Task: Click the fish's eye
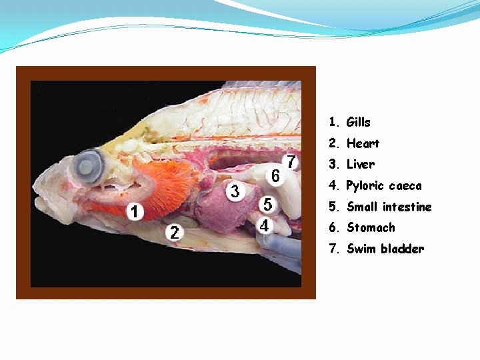click(89, 163)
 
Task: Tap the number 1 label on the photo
click(135, 212)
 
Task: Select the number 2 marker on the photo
click(174, 233)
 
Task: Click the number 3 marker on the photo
click(235, 191)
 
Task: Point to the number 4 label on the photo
click(265, 225)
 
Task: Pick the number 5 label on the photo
click(267, 204)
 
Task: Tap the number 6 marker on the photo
click(275, 175)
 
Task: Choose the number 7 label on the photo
click(291, 162)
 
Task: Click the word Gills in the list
click(358, 123)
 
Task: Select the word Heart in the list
click(363, 143)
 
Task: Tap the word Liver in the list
click(361, 164)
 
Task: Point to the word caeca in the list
click(405, 185)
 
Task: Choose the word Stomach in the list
click(371, 228)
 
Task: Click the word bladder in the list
click(402, 249)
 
